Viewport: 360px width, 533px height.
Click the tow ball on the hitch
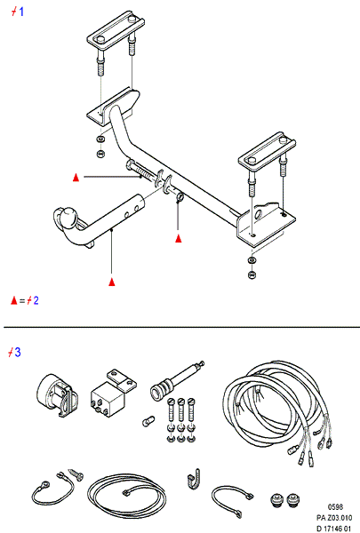coord(69,216)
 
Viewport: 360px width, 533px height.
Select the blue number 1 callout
coord(21,12)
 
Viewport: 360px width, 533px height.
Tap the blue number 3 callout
coord(18,352)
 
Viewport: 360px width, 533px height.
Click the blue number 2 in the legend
coord(36,300)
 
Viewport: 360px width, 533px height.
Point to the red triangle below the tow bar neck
coord(112,282)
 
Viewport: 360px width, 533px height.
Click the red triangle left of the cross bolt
coord(76,177)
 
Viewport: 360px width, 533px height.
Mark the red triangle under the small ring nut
coord(179,239)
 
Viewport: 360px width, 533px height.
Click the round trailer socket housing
coord(57,394)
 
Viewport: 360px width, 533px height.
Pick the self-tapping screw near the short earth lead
coord(76,474)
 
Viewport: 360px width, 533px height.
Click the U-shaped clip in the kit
coord(194,480)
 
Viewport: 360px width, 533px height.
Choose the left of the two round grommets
coord(276,501)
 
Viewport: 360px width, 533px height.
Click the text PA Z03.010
coord(334,518)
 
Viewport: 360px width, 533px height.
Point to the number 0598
coord(335,507)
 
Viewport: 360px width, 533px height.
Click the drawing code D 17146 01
coord(333,529)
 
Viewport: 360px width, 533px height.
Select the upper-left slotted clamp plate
coord(116,31)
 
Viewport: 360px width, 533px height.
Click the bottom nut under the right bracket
coord(252,274)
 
